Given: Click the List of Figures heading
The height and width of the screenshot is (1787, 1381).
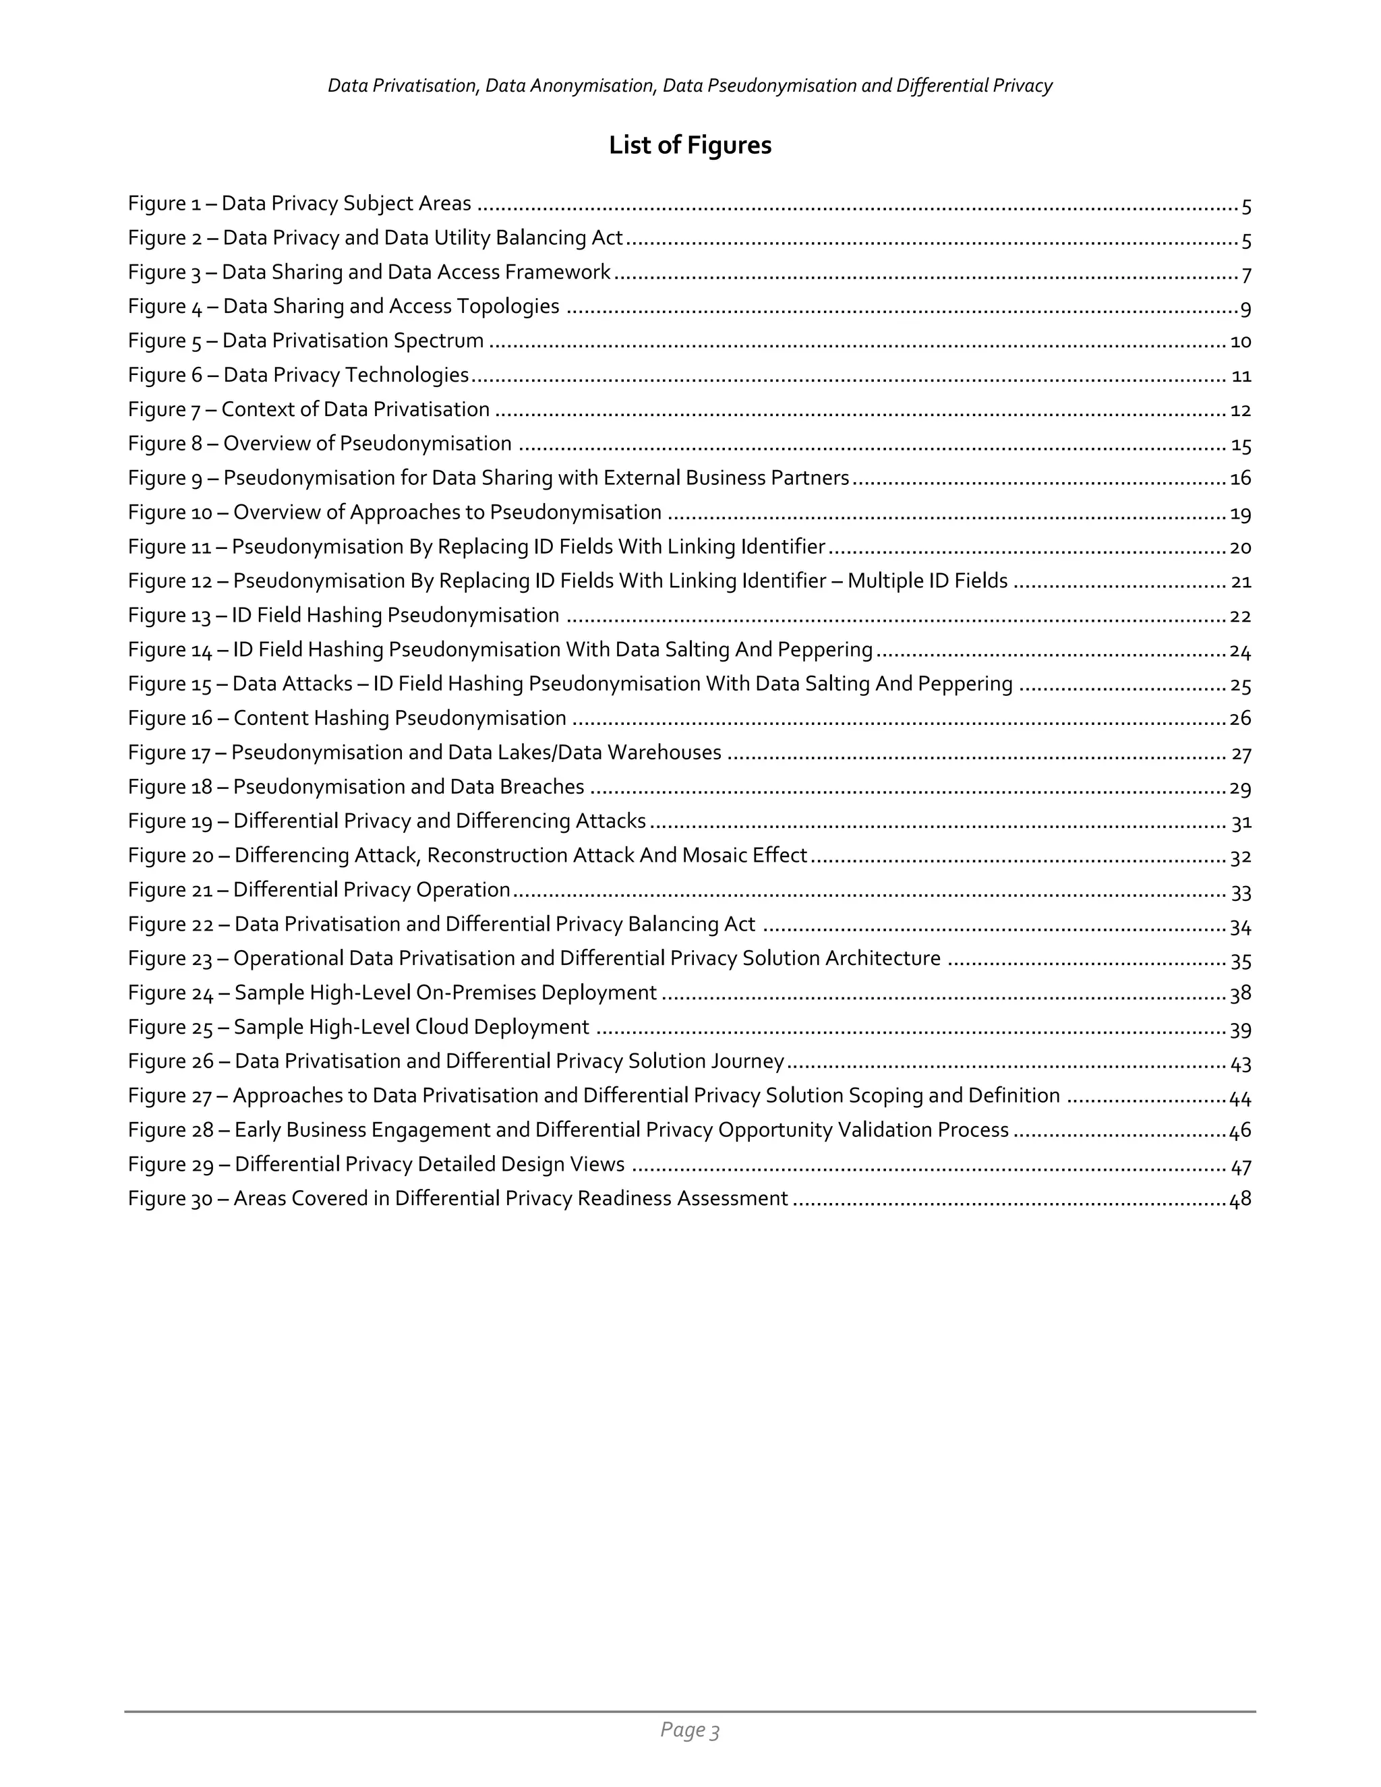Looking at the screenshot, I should coord(690,145).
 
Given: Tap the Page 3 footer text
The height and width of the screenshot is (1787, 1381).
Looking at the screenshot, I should coord(690,1729).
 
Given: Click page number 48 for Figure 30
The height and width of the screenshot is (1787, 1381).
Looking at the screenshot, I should coord(1240,1199).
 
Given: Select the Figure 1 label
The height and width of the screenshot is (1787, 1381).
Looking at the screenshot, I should coord(165,204).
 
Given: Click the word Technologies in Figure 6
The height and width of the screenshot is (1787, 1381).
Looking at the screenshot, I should coord(407,375).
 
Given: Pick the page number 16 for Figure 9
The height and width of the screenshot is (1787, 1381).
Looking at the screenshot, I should coord(1240,478).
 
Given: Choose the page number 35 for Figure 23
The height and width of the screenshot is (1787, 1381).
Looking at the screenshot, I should coord(1240,959).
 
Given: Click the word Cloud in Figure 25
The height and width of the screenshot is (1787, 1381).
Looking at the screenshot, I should coord(441,1027).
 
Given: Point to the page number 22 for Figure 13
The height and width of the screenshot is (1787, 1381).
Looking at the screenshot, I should coord(1240,615).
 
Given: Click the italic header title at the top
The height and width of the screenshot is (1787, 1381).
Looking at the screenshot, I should coord(690,86).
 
